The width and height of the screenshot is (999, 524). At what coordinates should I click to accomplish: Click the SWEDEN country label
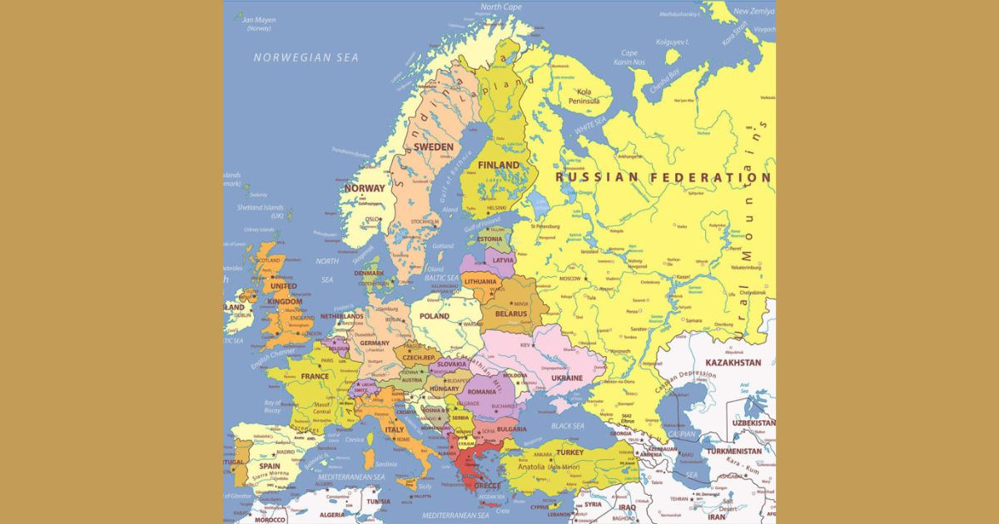[434, 147]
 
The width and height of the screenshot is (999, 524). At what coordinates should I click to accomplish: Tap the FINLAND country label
[498, 166]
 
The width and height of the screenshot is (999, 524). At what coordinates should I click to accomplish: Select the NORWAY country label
[365, 188]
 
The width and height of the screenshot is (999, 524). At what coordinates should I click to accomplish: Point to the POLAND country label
[434, 317]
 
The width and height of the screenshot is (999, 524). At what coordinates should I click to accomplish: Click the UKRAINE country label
[566, 378]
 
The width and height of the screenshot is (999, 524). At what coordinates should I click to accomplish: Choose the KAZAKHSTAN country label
[733, 363]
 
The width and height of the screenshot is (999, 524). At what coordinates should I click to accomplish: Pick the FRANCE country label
[315, 376]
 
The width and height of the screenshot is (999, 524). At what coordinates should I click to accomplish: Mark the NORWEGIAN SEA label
[306, 57]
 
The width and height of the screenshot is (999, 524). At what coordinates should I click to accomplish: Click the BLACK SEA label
[567, 426]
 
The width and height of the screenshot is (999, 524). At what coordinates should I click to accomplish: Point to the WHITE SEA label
[590, 124]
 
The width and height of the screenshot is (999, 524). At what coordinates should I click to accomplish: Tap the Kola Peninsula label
[584, 96]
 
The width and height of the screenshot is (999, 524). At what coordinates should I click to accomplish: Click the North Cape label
[501, 7]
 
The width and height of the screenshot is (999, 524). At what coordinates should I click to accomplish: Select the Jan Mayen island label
[258, 24]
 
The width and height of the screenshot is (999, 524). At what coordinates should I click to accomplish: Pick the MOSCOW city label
[570, 279]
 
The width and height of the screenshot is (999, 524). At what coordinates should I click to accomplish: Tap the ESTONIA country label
[490, 240]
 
